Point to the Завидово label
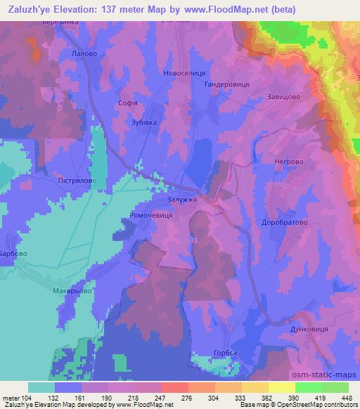[284, 98]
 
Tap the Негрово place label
[287, 162]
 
